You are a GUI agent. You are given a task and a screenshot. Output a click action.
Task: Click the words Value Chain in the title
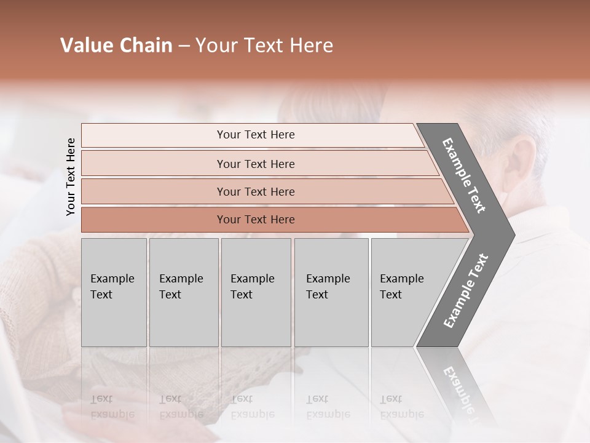tap(116, 46)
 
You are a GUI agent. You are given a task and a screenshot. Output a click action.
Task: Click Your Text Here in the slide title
tap(264, 46)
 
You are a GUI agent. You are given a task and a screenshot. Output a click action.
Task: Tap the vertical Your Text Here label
tap(71, 177)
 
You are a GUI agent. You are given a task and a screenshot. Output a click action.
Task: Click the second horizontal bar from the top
tap(256, 164)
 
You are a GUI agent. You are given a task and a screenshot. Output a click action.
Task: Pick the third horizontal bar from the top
tap(256, 191)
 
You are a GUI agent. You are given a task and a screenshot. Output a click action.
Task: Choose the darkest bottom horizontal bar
tap(256, 220)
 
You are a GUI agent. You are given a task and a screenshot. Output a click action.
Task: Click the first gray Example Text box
tap(114, 292)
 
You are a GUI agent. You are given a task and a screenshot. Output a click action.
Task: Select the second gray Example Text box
tap(183, 292)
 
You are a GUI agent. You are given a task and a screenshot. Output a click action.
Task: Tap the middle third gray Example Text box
tap(256, 292)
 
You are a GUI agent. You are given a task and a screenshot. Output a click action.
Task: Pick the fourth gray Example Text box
tap(331, 292)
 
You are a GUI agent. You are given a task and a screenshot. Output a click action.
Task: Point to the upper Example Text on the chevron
tap(464, 175)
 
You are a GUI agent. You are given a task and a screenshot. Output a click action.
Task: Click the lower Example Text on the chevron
tap(466, 290)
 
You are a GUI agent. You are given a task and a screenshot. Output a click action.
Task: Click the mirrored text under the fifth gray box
tap(401, 407)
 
